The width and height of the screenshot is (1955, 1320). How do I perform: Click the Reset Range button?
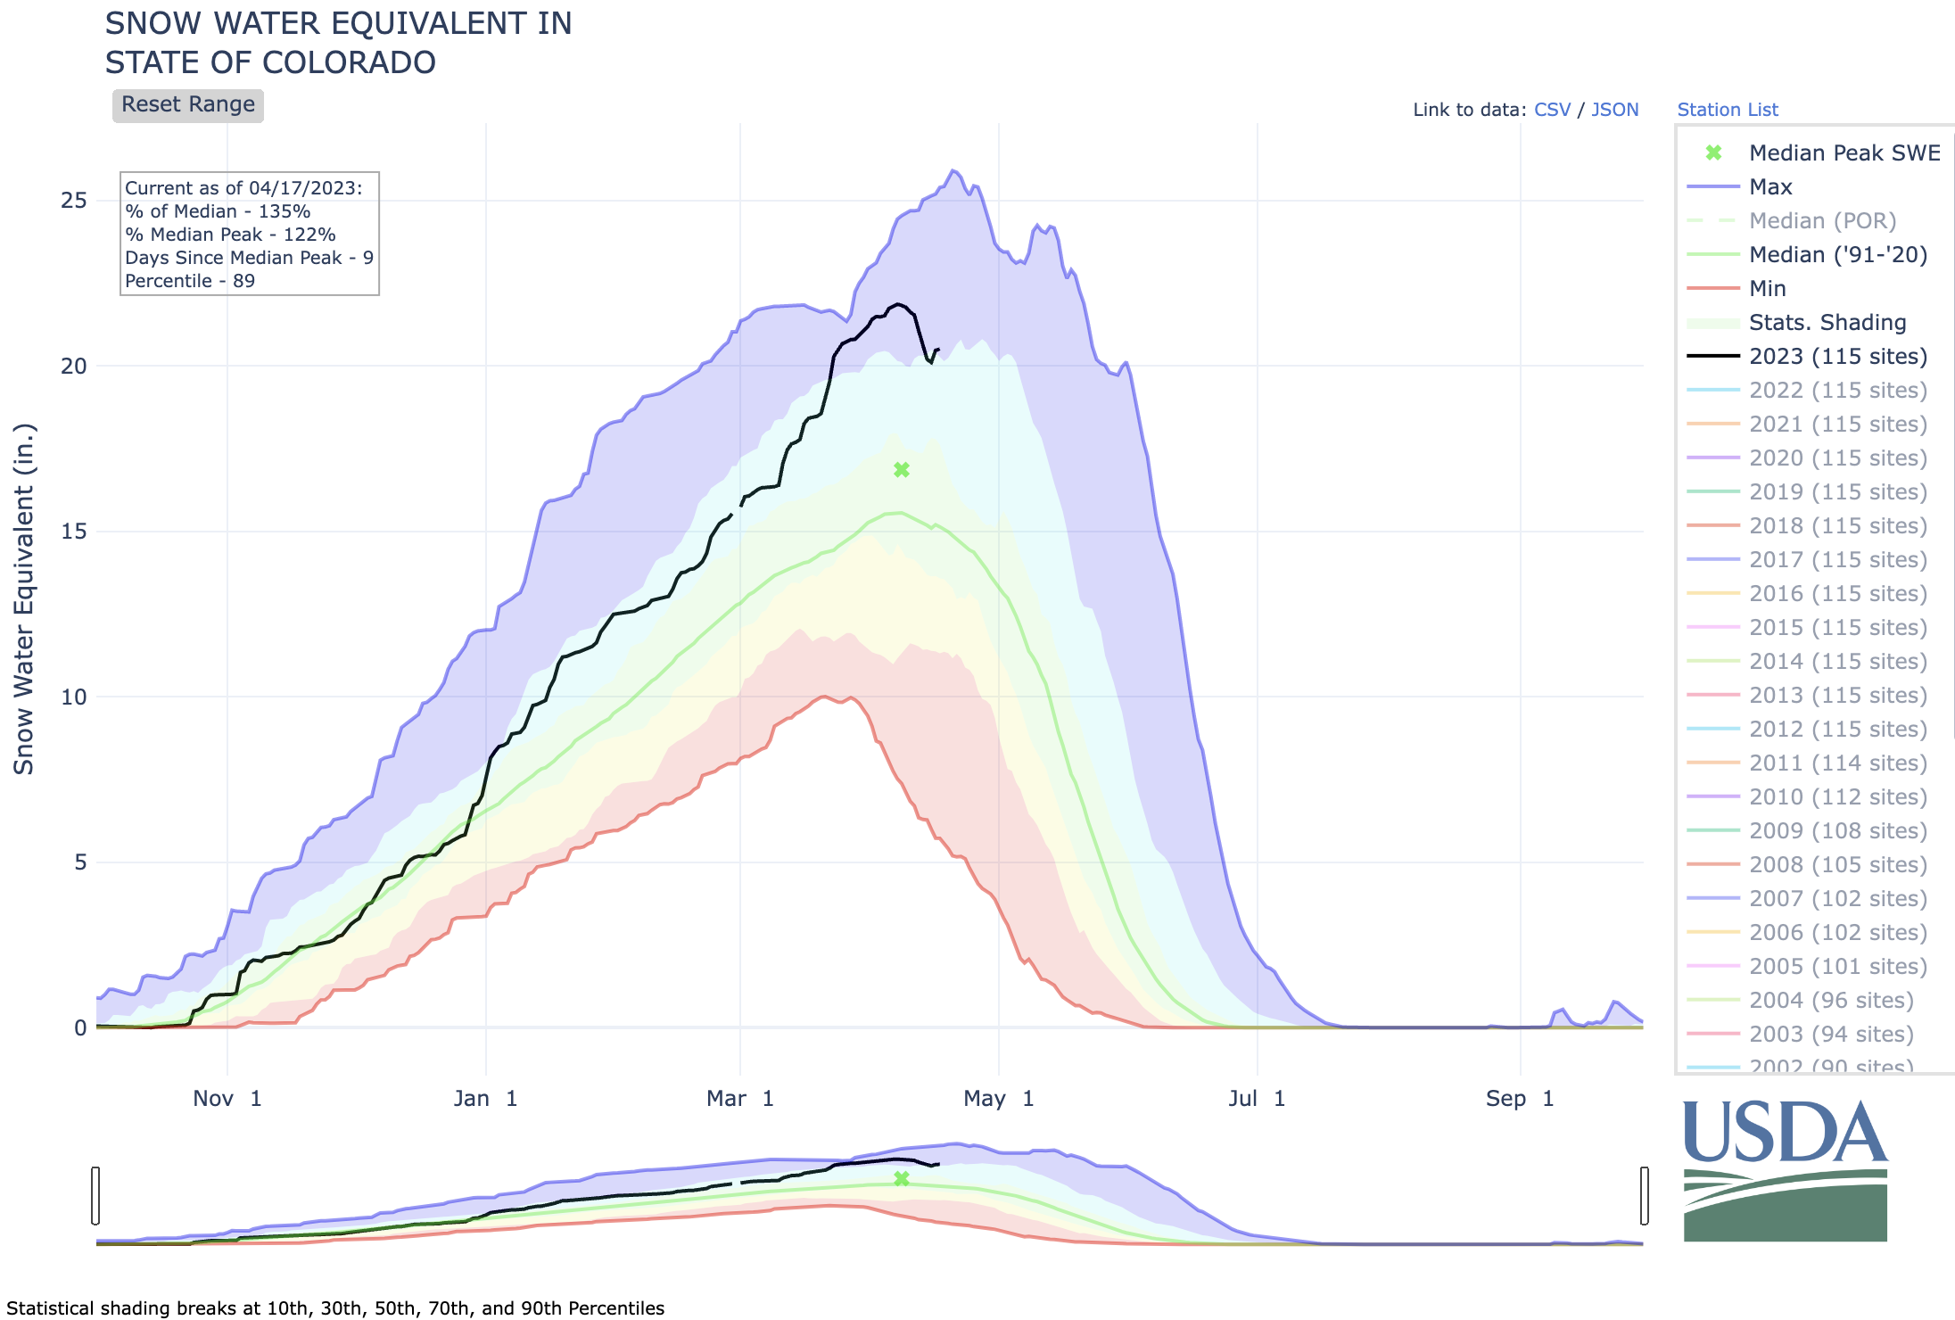187,104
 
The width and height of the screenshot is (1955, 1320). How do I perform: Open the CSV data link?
1552,110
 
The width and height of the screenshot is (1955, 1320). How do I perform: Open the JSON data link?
1614,110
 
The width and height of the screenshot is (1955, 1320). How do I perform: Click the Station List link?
1727,110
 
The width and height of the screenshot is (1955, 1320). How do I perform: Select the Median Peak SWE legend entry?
1844,153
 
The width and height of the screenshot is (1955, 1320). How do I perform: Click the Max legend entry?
1770,187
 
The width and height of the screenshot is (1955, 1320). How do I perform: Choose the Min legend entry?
1767,289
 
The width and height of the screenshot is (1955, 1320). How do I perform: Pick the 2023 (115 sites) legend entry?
1837,357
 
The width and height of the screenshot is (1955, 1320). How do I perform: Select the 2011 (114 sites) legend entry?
1837,763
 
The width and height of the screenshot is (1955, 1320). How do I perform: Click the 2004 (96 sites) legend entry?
1830,1001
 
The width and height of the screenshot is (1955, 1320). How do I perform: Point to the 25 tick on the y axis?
74,201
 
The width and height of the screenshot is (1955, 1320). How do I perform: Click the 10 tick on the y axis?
74,697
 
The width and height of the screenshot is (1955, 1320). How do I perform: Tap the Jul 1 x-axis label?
1256,1099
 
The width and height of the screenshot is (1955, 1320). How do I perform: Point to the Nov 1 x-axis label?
227,1099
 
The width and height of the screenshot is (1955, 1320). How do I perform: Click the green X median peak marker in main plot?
902,470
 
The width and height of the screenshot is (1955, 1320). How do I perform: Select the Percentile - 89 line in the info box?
190,281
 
